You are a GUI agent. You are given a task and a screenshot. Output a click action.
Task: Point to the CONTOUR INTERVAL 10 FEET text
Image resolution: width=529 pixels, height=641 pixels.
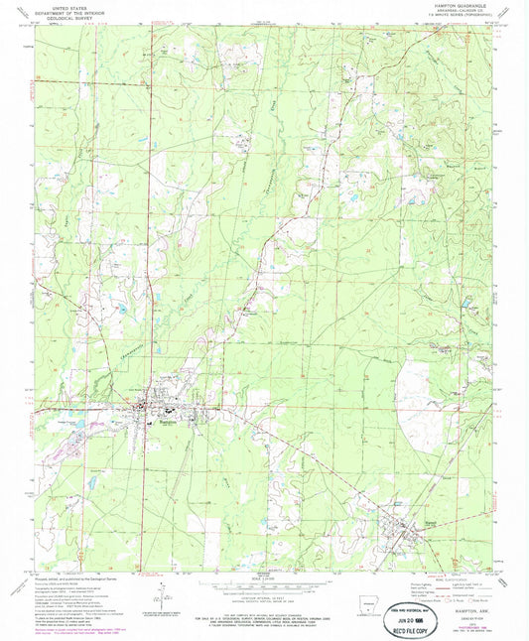tap(264, 600)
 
